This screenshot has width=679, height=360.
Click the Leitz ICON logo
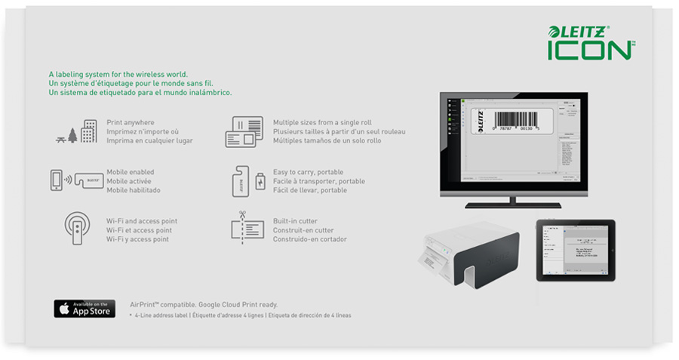point(591,42)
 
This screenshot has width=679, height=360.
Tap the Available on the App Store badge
point(84,308)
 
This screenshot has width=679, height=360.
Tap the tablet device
point(575,250)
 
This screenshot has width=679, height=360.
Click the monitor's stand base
point(513,205)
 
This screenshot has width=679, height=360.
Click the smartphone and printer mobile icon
point(76,181)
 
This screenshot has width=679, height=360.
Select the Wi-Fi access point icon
point(78,229)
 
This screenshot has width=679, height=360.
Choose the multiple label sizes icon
point(244,132)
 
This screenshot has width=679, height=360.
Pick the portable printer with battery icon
point(248,181)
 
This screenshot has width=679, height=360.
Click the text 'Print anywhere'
point(131,122)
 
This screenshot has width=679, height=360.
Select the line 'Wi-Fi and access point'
point(142,221)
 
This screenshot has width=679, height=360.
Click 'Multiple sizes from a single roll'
point(322,122)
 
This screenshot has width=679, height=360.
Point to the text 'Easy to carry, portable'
point(309,172)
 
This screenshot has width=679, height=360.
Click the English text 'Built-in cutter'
point(295,221)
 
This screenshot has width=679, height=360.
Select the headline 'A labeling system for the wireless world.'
point(124,74)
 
